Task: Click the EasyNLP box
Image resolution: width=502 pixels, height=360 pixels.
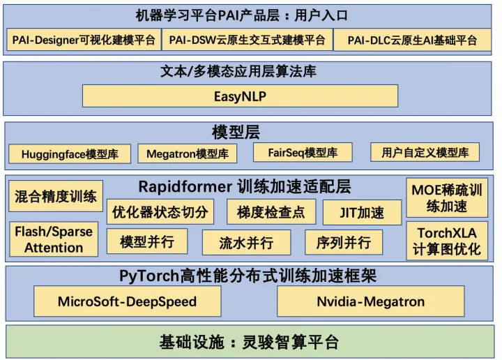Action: click(240, 96)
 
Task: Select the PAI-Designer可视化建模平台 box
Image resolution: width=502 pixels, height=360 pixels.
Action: click(84, 40)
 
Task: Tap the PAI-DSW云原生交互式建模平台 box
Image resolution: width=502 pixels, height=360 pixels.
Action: click(247, 40)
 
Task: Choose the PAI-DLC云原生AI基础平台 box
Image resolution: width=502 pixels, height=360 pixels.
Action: click(412, 40)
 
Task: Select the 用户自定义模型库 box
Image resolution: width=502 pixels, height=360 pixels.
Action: click(425, 152)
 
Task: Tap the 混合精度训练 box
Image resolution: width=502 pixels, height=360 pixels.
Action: click(56, 196)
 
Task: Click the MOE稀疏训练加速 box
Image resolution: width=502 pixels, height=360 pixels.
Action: click(447, 198)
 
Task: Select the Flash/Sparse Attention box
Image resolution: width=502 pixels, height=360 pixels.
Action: click(54, 239)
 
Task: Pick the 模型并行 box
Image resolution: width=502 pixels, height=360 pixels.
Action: click(146, 242)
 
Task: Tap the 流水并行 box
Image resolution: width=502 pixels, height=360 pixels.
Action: click(245, 242)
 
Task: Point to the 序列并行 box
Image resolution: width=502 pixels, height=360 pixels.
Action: click(344, 242)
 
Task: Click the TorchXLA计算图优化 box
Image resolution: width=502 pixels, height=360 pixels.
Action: click(447, 241)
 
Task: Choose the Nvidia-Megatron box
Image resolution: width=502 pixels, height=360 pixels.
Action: click(370, 302)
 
